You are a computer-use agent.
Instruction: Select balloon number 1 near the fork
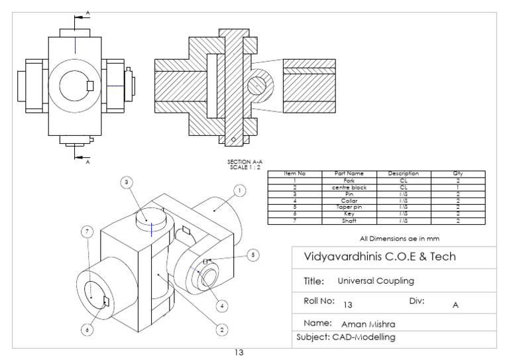click(x=240, y=190)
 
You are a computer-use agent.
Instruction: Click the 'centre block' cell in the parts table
click(x=349, y=187)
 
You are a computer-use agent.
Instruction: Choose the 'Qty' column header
click(x=457, y=174)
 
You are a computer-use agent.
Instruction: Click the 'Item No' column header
click(x=294, y=174)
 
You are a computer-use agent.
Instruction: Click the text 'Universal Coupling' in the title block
click(x=376, y=280)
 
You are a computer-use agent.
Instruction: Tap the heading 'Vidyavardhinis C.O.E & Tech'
click(x=379, y=257)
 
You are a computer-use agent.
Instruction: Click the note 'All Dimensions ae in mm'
click(x=400, y=237)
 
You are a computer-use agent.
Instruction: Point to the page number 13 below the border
click(x=239, y=353)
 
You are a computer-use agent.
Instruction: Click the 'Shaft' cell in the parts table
click(x=349, y=220)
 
